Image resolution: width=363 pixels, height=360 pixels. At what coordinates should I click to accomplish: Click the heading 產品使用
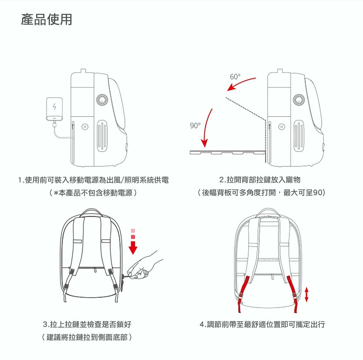pyautogui.click(x=47, y=20)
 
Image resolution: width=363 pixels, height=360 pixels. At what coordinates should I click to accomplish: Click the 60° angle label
pyautogui.click(x=235, y=77)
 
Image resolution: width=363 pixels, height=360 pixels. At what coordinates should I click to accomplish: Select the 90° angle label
pyautogui.click(x=195, y=125)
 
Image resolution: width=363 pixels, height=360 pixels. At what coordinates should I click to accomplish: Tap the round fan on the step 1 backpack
pyautogui.click(x=102, y=99)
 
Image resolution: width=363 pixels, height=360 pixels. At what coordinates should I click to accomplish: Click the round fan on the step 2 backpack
pyautogui.click(x=299, y=99)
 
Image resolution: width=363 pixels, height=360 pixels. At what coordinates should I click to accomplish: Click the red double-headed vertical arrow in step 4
pyautogui.click(x=306, y=294)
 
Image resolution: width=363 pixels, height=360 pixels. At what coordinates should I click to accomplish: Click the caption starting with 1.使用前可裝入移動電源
pyautogui.click(x=93, y=180)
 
